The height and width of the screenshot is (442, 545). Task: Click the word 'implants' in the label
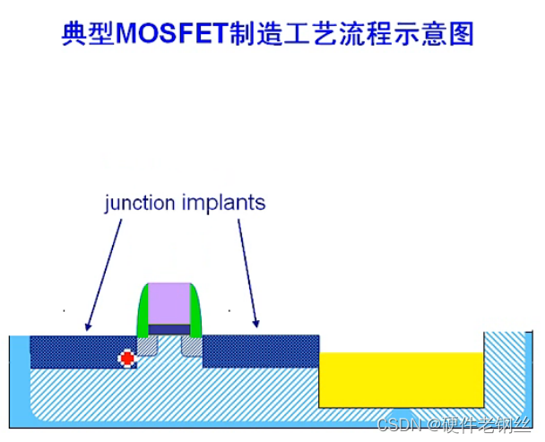[x=228, y=202]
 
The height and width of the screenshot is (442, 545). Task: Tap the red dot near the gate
[x=127, y=359]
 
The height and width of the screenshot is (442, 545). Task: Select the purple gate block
[x=169, y=302]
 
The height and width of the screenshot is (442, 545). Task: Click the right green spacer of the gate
[x=197, y=314]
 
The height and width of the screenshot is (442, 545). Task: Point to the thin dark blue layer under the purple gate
[x=169, y=329]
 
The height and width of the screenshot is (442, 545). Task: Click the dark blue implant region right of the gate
[x=261, y=351]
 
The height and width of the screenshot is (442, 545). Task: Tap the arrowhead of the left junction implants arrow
[x=88, y=327]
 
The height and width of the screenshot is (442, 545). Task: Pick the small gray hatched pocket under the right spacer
[x=192, y=346]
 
